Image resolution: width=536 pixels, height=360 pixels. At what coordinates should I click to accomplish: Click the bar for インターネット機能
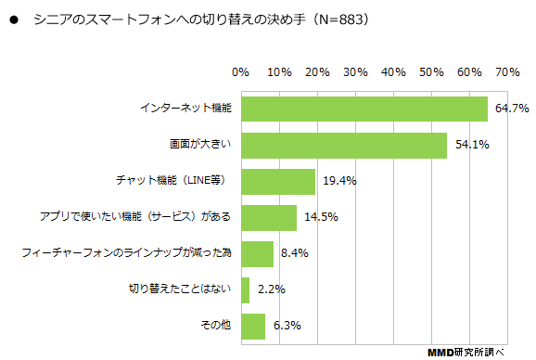[364, 109]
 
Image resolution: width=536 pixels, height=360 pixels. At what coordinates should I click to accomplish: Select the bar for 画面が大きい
[343, 145]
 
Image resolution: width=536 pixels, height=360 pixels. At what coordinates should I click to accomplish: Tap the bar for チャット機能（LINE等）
[277, 181]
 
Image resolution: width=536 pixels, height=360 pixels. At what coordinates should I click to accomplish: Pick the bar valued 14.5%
[268, 217]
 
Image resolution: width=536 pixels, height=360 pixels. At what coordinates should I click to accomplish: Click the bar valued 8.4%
[257, 253]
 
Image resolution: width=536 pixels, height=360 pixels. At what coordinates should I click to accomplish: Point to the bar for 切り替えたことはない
[245, 289]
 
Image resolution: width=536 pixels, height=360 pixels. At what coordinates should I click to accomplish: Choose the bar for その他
[252, 326]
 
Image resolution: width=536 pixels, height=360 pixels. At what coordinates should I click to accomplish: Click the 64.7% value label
[511, 109]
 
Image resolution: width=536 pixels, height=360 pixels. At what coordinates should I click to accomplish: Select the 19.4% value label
[339, 181]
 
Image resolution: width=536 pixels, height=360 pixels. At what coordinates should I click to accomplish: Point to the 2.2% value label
[270, 289]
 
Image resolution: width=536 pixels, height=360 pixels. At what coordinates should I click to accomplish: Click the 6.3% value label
[286, 326]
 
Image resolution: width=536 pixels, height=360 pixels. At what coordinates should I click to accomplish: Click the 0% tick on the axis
[240, 71]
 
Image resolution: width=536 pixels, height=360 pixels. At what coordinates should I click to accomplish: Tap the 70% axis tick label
[506, 71]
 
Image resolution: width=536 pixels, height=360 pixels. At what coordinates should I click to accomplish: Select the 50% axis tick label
[430, 71]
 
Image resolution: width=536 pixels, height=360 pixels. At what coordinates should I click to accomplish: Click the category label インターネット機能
[185, 109]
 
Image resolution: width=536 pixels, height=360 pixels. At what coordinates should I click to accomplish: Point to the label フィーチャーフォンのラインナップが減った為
[125, 253]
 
